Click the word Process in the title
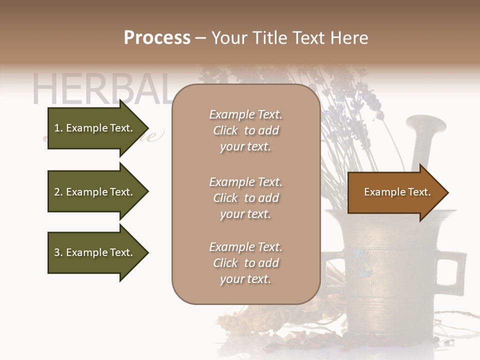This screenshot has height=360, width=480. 157,38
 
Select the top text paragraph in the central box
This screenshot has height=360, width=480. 245,130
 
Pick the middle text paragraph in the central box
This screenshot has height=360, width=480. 245,198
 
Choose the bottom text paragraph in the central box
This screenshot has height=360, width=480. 245,263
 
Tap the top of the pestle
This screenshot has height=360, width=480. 424,122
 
